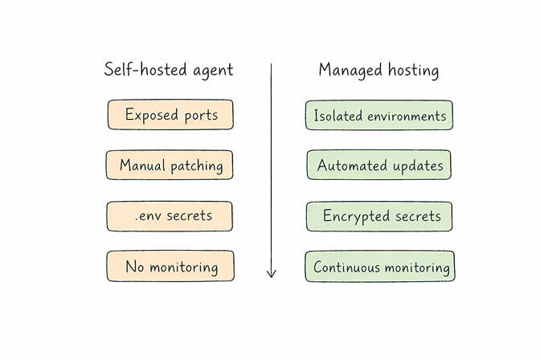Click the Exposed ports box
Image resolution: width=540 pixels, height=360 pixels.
[170, 115]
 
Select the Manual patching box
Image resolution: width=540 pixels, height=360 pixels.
[170, 166]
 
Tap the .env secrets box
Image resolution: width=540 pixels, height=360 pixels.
[170, 216]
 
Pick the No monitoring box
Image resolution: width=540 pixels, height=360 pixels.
[170, 266]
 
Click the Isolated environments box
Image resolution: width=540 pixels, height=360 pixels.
[379, 115]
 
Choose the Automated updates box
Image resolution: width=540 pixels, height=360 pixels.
[379, 166]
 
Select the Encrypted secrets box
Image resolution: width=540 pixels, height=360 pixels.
[379, 216]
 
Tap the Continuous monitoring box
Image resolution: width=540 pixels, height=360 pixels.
[379, 266]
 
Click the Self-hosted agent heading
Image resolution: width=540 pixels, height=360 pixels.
[169, 70]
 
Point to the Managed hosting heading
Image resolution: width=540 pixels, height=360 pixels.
[378, 70]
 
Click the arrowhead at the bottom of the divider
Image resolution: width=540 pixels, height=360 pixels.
[271, 273]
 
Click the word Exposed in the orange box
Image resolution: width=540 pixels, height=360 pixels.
[150, 115]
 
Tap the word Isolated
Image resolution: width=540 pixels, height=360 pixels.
[337, 116]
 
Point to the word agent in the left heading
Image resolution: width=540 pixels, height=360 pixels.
[211, 71]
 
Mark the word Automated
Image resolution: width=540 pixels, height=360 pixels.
[348, 166]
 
